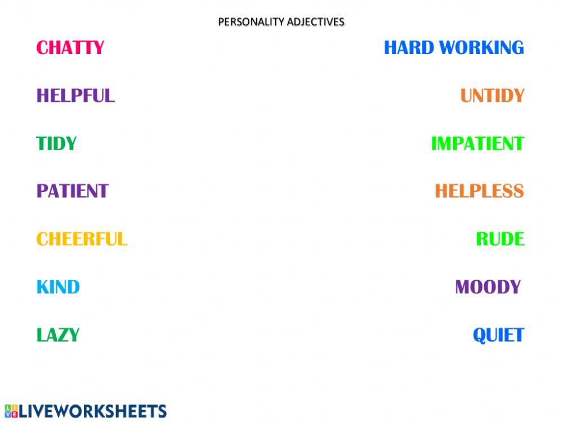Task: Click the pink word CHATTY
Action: [x=70, y=48]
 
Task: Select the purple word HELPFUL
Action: [x=75, y=96]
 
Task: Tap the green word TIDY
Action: [x=56, y=143]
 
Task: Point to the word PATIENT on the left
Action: [x=72, y=191]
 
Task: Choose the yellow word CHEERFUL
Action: [x=82, y=239]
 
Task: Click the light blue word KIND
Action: [x=58, y=287]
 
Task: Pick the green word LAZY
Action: [x=58, y=335]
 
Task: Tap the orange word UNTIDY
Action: [x=493, y=96]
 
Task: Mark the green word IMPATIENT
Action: [x=477, y=143]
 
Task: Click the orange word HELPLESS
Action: [x=479, y=191]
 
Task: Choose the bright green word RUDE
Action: [x=500, y=239]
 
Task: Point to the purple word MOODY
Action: [x=488, y=287]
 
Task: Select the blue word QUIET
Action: [x=498, y=335]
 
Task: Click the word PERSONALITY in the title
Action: [x=251, y=22]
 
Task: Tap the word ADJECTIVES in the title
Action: [x=316, y=22]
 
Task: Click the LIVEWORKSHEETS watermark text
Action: [x=93, y=411]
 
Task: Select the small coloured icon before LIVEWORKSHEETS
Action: [x=11, y=411]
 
